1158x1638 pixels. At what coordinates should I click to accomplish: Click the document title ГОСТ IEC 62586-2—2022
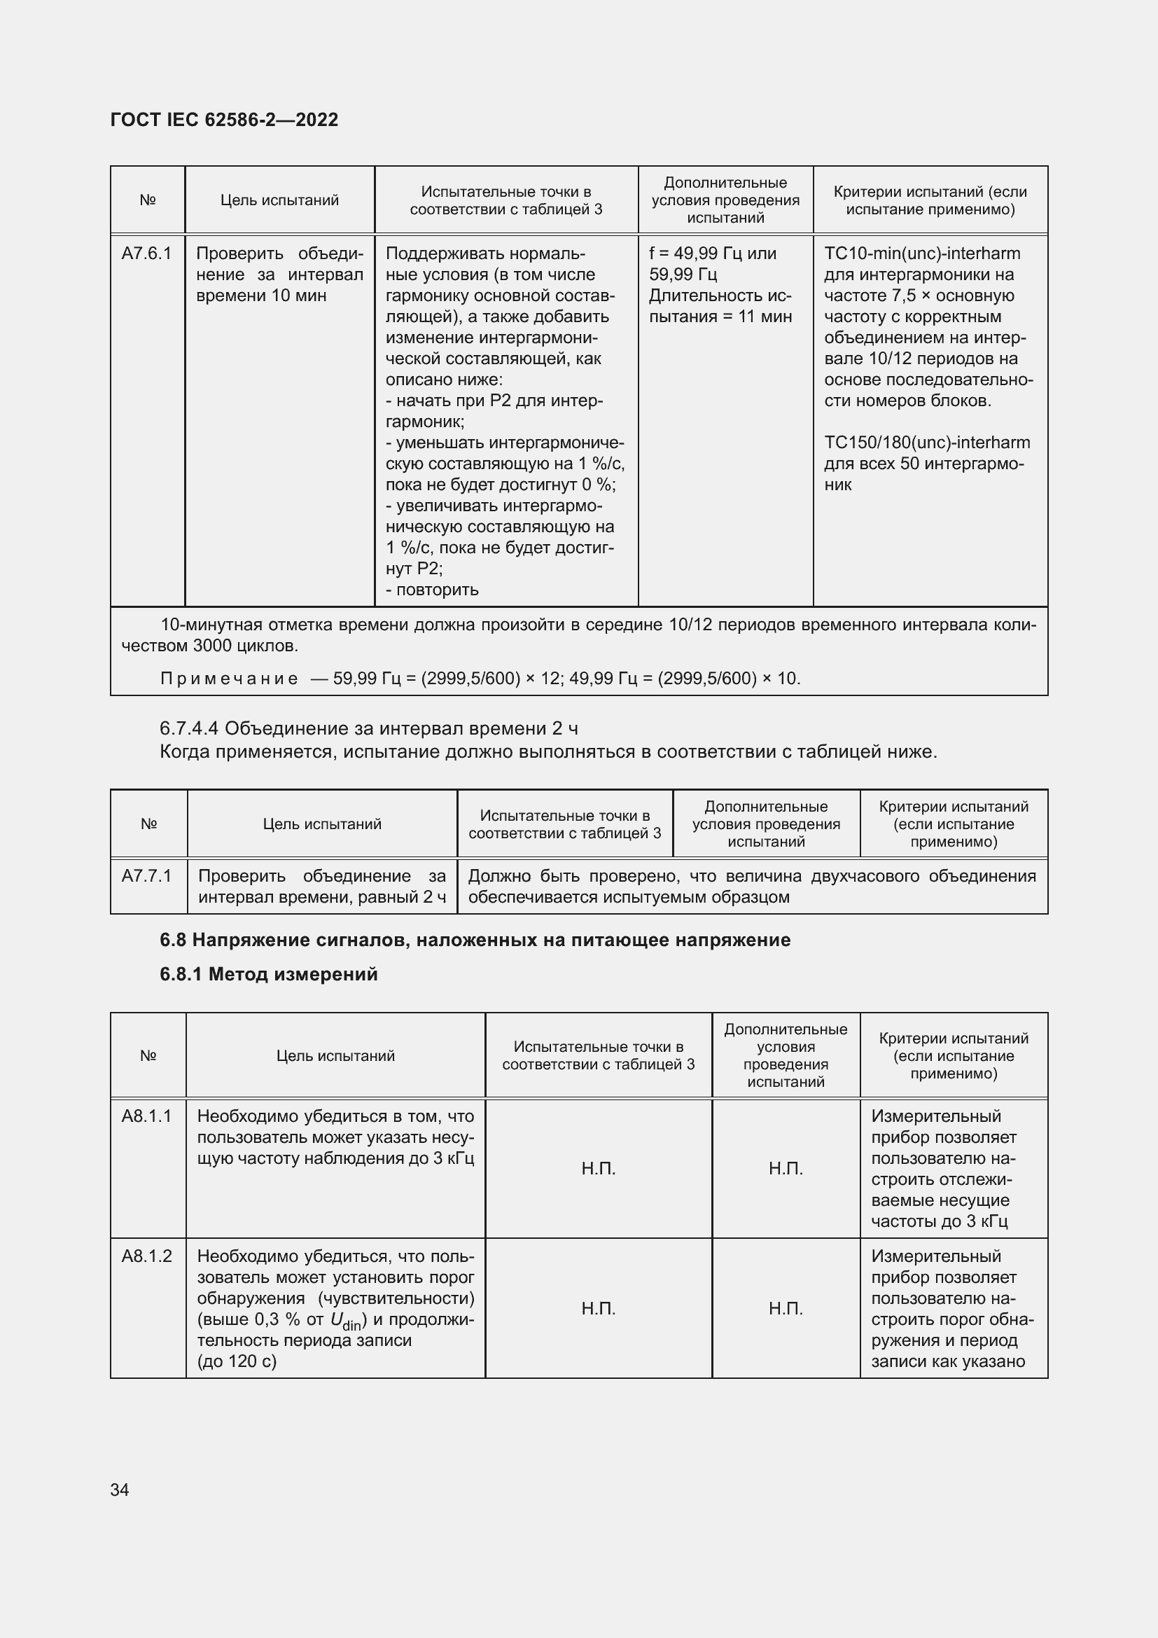[224, 120]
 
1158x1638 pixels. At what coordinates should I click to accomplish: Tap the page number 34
[120, 1490]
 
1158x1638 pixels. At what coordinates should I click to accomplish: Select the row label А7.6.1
[146, 254]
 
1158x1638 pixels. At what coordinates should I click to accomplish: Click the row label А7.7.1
[146, 876]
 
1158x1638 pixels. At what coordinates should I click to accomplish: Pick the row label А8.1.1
[146, 1116]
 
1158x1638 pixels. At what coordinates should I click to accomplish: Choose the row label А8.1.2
[146, 1256]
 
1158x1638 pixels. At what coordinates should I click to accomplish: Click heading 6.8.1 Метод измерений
[268, 975]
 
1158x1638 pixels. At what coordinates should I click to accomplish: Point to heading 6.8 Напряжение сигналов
[475, 941]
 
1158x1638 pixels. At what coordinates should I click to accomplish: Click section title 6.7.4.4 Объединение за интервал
[369, 728]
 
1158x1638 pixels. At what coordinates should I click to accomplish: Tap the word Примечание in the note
[229, 679]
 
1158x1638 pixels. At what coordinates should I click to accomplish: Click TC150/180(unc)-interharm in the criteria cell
[927, 443]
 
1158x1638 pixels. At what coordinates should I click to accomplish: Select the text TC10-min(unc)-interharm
[922, 254]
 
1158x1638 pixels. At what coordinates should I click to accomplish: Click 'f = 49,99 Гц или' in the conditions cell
[712, 254]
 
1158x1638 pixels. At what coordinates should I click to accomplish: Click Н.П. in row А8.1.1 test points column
[598, 1169]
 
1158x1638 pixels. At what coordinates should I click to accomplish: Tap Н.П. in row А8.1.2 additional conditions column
[786, 1308]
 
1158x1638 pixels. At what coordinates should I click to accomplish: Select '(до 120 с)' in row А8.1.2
[237, 1361]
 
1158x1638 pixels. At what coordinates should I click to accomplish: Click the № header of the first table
[148, 200]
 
